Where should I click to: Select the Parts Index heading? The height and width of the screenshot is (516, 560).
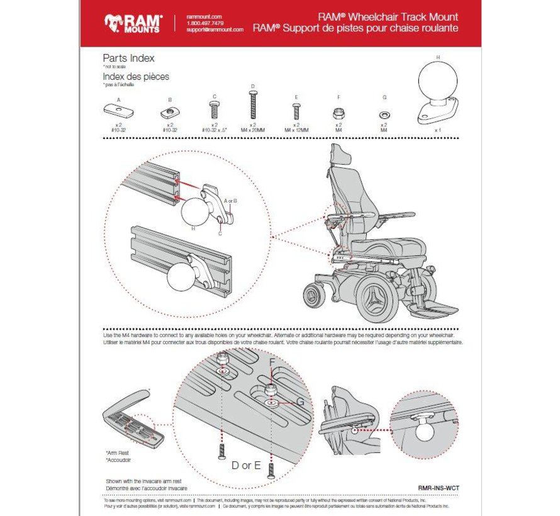point(128,58)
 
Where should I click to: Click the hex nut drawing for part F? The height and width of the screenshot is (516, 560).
point(338,113)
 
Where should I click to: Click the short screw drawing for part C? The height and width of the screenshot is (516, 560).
point(214,111)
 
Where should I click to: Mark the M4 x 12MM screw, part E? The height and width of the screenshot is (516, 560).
point(296,111)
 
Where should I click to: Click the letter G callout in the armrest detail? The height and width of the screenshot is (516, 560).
point(300,401)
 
